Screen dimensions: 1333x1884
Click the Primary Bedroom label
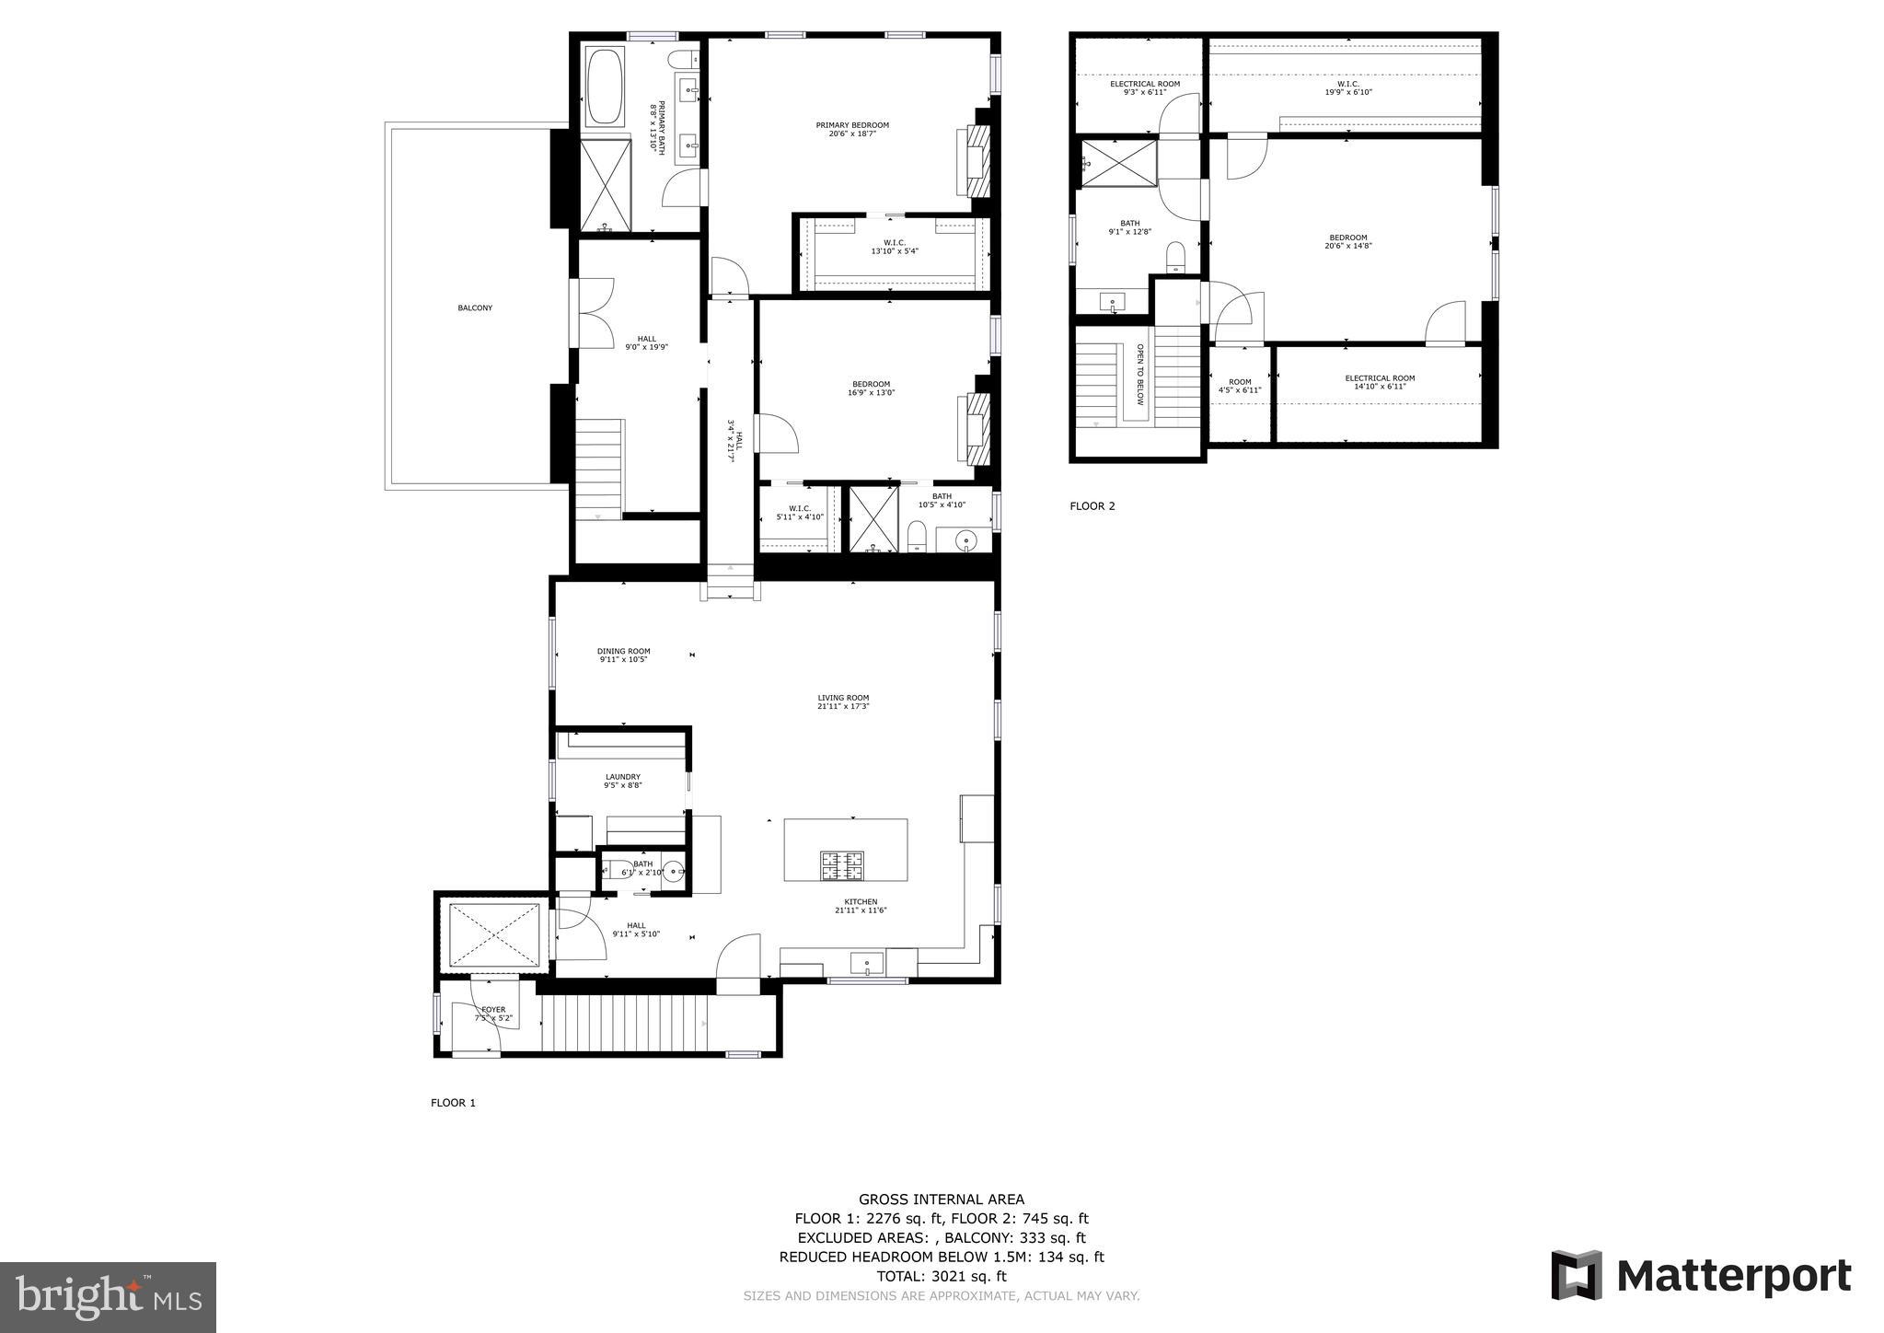(852, 125)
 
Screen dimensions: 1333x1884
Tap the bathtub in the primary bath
(605, 87)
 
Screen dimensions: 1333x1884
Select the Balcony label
(475, 308)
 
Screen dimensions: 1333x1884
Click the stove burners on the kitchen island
(843, 864)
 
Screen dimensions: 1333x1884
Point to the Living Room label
(843, 698)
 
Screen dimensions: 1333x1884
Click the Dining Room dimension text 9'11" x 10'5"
(624, 660)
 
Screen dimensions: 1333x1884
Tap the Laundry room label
(623, 777)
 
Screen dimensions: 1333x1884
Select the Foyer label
(493, 1010)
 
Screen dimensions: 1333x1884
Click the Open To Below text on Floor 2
(1139, 376)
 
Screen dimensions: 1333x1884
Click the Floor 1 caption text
(453, 1103)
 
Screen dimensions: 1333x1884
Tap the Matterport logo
(1700, 1276)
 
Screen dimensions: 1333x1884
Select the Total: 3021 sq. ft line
(941, 1276)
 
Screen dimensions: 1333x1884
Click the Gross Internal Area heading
(941, 1199)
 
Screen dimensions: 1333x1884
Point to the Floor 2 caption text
(1092, 506)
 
